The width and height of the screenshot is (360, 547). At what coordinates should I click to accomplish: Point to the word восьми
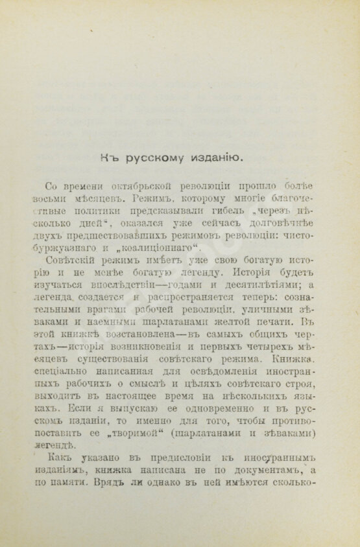(x=54, y=199)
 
